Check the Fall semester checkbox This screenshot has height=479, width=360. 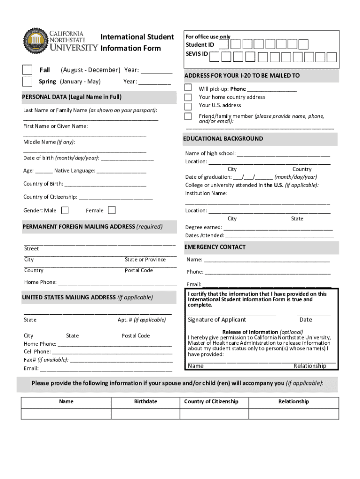pyautogui.click(x=28, y=70)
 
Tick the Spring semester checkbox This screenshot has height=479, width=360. pyautogui.click(x=28, y=81)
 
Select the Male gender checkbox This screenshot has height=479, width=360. pyautogui.click(x=65, y=210)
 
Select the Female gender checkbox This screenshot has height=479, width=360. pyautogui.click(x=112, y=210)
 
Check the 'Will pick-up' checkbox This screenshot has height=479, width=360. pyautogui.click(x=188, y=87)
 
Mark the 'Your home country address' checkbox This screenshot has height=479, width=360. pyautogui.click(x=188, y=97)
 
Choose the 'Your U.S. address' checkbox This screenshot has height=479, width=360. pyautogui.click(x=188, y=106)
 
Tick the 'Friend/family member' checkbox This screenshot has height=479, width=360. pyautogui.click(x=188, y=116)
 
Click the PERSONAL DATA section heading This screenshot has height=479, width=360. pyautogui.click(x=72, y=97)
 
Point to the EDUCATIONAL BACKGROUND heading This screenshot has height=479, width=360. pyautogui.click(x=223, y=138)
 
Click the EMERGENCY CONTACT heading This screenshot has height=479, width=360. pyautogui.click(x=215, y=247)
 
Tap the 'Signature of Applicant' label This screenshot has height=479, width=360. pyautogui.click(x=216, y=319)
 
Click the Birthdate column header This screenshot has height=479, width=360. pyautogui.click(x=145, y=401)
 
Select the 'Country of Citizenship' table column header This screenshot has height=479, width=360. pyautogui.click(x=211, y=401)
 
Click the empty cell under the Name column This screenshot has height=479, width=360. pyautogui.click(x=66, y=414)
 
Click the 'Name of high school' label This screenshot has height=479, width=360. pyautogui.click(x=210, y=153)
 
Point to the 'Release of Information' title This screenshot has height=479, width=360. pyautogui.click(x=250, y=332)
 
